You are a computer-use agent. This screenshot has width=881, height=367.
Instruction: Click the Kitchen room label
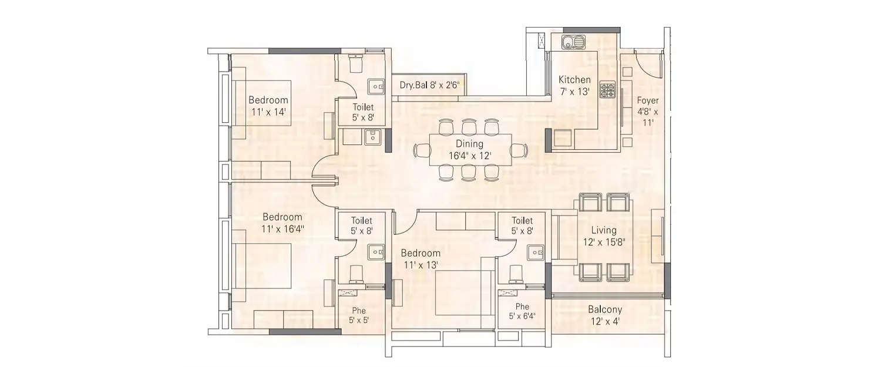click(574, 80)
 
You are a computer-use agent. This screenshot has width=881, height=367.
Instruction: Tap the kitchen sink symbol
click(573, 42)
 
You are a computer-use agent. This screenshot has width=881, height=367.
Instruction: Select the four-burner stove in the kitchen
click(607, 90)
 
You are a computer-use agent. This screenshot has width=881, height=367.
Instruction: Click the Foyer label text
click(647, 100)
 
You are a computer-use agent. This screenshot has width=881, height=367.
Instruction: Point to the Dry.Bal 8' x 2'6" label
click(429, 85)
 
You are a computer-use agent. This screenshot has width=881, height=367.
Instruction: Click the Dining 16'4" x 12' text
click(469, 150)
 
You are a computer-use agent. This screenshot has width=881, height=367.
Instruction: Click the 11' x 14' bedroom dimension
click(268, 111)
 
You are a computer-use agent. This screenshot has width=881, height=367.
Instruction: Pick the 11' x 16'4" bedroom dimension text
click(283, 228)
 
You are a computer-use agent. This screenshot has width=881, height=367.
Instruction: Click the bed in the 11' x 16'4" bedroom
click(264, 266)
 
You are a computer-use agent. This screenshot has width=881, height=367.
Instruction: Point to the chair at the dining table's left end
click(423, 150)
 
